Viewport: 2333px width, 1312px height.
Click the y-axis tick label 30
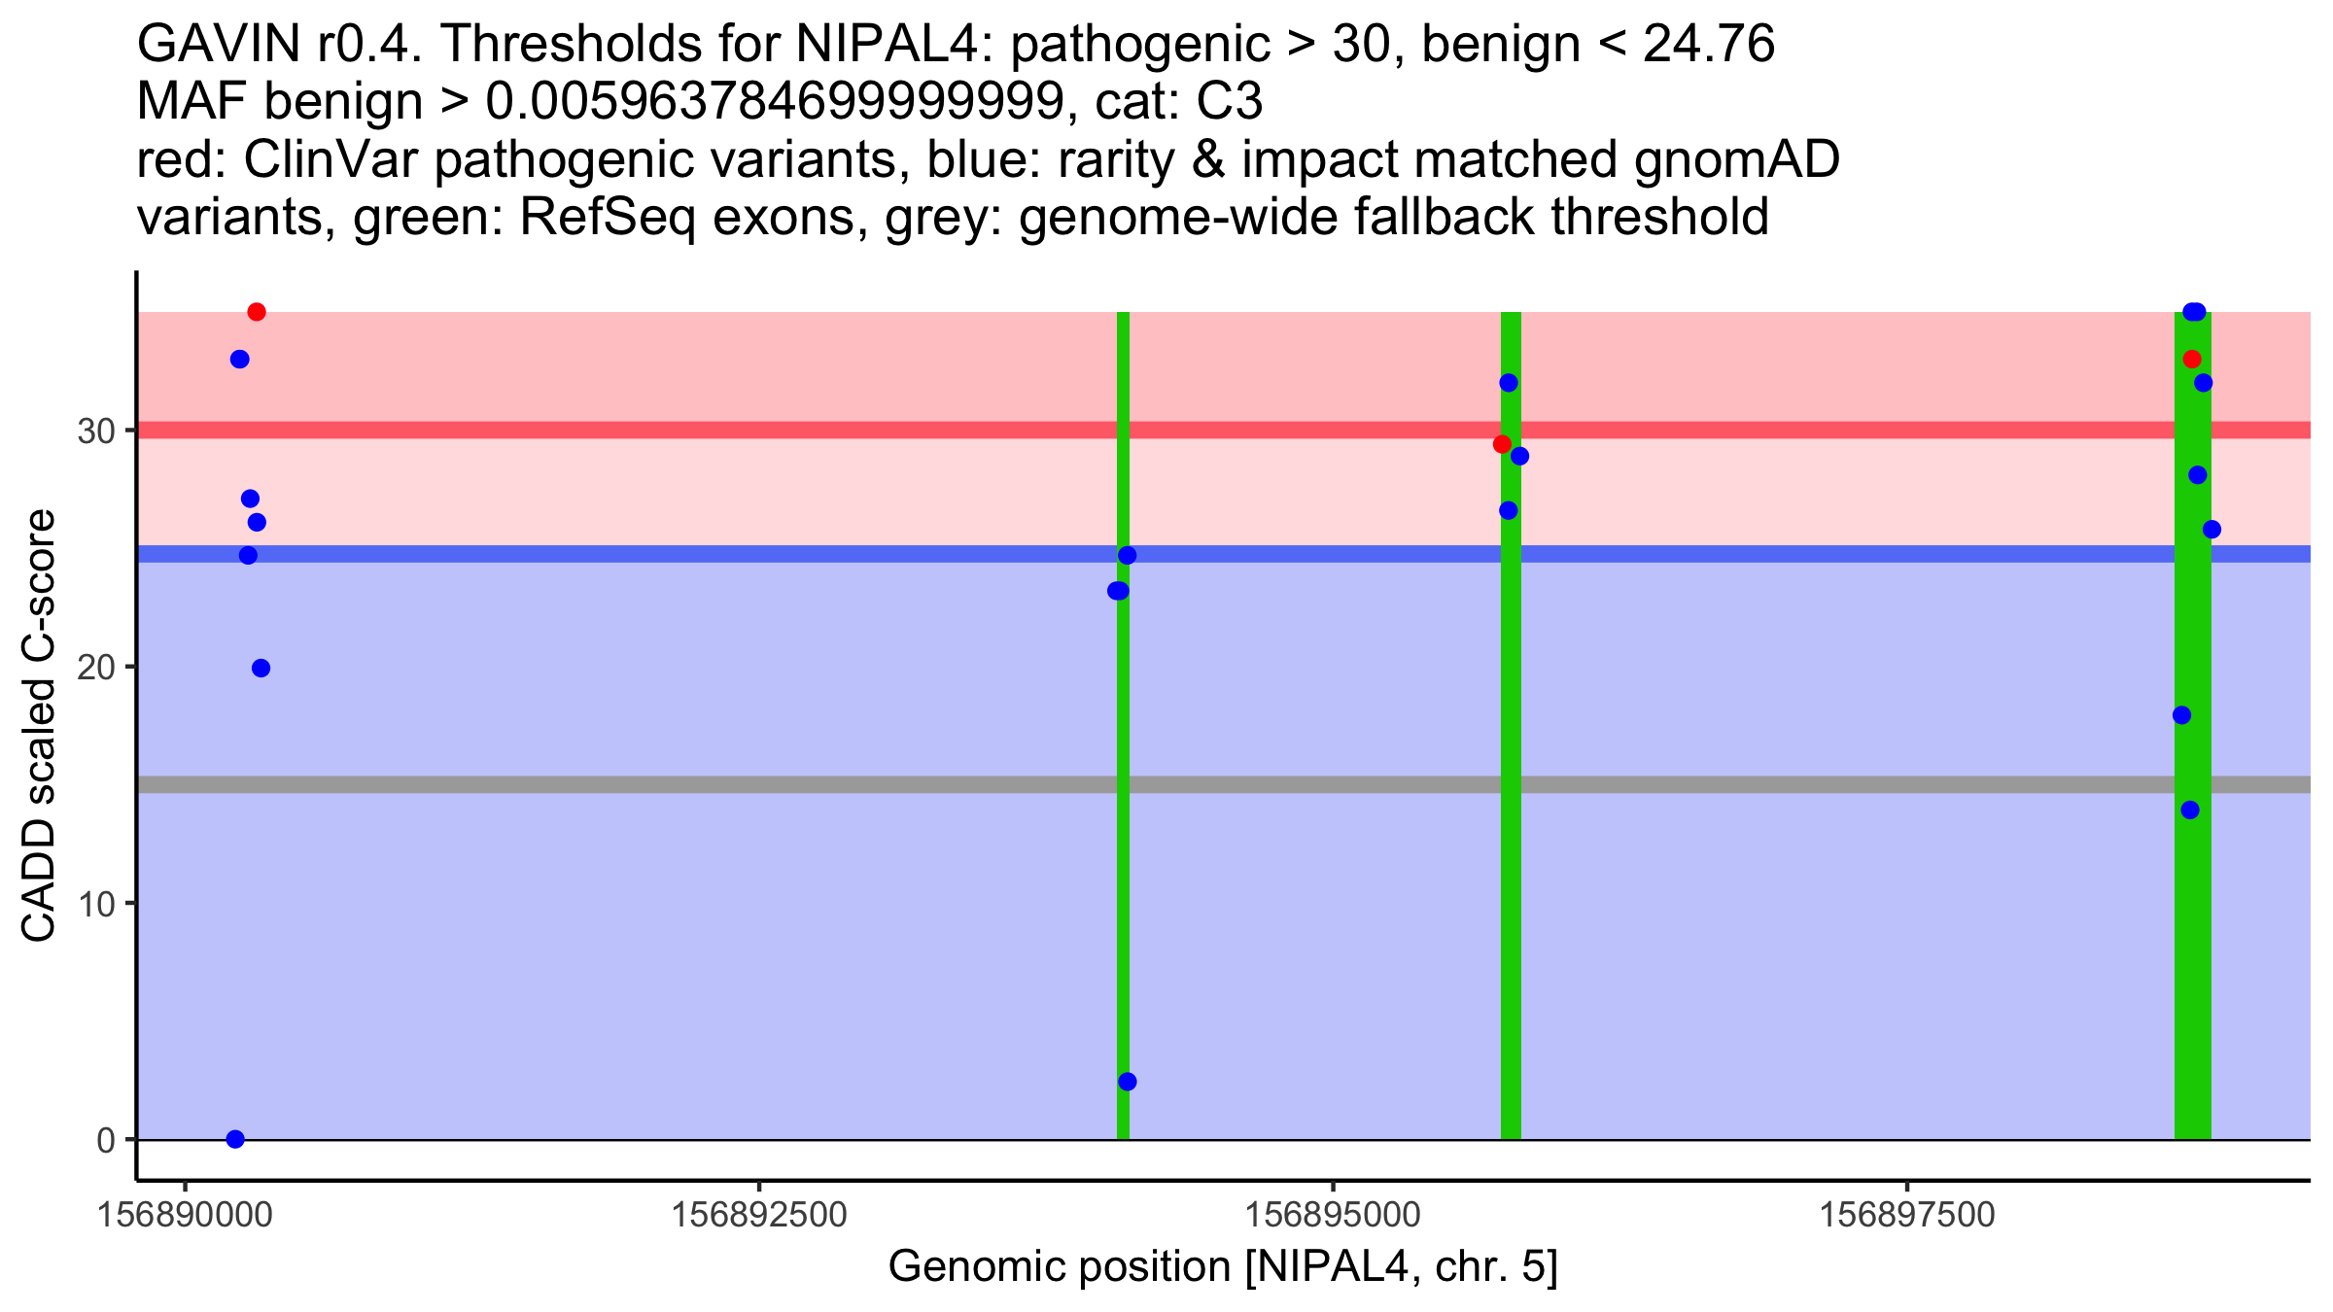tap(96, 431)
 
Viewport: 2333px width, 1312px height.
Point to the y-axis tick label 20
tap(96, 668)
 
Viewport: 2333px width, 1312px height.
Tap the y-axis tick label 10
tap(96, 904)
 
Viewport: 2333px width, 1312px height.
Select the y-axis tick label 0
tap(106, 1140)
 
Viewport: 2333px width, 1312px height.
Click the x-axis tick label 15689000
tap(185, 1215)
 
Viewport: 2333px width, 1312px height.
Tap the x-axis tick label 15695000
tap(1333, 1215)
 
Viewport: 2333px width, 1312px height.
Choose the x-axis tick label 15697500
tap(1906, 1215)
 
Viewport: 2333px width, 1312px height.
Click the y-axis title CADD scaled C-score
tap(39, 726)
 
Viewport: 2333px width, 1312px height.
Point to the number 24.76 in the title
tap(1708, 44)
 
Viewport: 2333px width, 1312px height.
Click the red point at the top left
tap(257, 312)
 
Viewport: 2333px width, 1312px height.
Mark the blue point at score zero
tap(235, 1139)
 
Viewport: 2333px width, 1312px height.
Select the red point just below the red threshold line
tap(1502, 444)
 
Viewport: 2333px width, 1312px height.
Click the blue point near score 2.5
tap(1128, 1082)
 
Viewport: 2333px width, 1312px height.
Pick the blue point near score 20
tap(261, 669)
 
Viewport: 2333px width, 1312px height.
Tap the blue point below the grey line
tap(2190, 811)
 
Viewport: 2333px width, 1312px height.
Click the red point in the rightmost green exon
tap(2192, 360)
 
